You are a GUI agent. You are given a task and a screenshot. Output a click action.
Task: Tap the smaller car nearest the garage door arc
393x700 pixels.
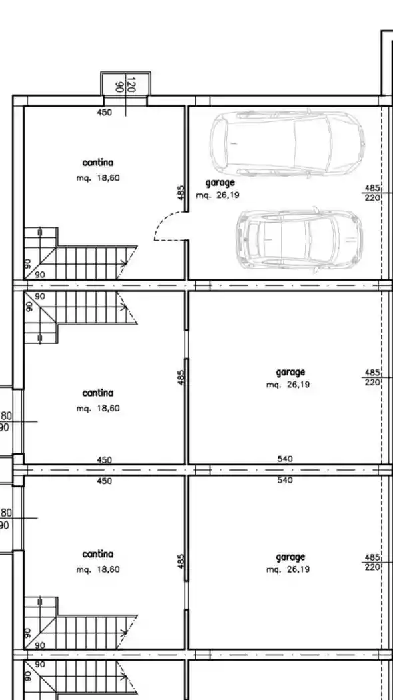pos(299,240)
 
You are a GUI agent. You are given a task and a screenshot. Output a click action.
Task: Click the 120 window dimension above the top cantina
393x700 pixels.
pos(131,85)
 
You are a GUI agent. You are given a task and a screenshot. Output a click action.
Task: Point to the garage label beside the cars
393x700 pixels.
pos(220,183)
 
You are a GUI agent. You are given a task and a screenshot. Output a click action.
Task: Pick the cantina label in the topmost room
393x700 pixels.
pos(98,163)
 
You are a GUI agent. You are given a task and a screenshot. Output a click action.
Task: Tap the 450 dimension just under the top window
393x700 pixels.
pos(104,113)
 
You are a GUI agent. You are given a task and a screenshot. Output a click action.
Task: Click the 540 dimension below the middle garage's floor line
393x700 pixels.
pos(285,480)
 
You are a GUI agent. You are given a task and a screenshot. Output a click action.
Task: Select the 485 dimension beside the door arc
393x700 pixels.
pos(181,193)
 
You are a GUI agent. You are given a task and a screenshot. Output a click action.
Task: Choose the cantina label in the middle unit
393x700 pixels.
pos(98,393)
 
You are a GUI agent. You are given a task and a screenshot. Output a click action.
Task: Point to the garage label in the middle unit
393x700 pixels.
pos(290,372)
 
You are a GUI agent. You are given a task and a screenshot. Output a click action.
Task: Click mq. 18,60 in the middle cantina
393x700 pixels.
pos(98,408)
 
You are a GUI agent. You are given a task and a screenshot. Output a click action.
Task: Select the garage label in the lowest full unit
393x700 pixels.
pos(290,557)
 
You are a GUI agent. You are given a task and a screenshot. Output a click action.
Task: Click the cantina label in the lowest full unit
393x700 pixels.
pos(98,554)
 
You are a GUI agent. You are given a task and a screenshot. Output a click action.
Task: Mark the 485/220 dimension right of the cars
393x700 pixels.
pos(372,193)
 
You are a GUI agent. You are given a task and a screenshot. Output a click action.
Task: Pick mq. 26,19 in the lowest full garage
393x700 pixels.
pos(288,569)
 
